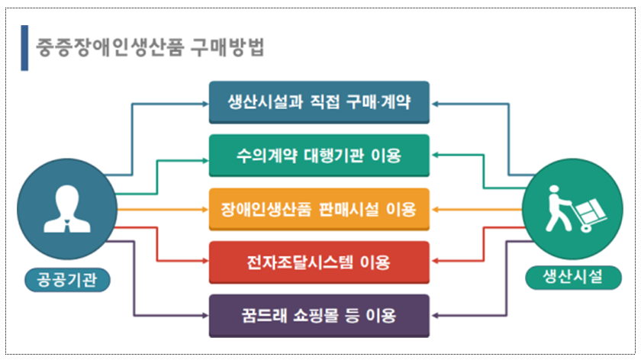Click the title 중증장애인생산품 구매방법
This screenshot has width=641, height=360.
coord(150,47)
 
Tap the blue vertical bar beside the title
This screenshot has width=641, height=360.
coord(24,47)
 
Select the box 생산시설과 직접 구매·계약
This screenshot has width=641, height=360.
coord(319,102)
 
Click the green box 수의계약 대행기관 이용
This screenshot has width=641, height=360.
coord(319,156)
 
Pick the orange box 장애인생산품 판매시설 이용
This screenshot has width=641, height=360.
coord(319,209)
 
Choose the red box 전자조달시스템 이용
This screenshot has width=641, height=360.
coord(319,262)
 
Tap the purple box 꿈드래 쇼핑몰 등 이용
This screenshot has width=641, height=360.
coord(319,316)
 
